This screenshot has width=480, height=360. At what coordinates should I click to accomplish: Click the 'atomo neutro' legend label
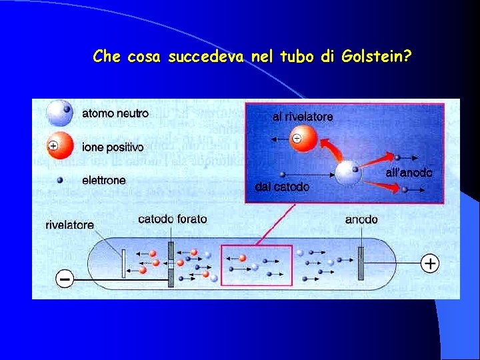[115, 113]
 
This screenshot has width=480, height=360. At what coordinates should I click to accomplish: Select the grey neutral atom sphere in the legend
[59, 113]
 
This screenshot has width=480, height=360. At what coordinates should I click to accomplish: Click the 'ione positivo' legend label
[113, 147]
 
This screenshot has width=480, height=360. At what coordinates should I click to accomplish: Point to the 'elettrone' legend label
[103, 180]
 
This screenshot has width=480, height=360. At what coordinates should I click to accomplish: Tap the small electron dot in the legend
[59, 179]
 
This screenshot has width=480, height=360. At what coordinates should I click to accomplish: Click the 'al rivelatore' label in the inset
[303, 116]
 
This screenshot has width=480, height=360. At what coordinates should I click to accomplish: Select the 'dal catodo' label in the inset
[282, 187]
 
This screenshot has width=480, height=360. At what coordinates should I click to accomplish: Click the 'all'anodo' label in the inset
[409, 173]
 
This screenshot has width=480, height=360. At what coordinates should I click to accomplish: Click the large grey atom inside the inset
[349, 173]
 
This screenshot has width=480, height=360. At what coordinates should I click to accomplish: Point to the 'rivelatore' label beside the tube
[70, 225]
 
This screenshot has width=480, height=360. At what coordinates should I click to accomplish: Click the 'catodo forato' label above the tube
[173, 219]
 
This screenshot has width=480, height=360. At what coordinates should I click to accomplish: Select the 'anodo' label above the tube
[362, 219]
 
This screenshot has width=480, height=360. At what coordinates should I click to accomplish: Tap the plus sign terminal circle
[431, 264]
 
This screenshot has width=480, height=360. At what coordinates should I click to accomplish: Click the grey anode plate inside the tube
[361, 263]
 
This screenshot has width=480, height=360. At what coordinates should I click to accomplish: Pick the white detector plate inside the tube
[124, 263]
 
